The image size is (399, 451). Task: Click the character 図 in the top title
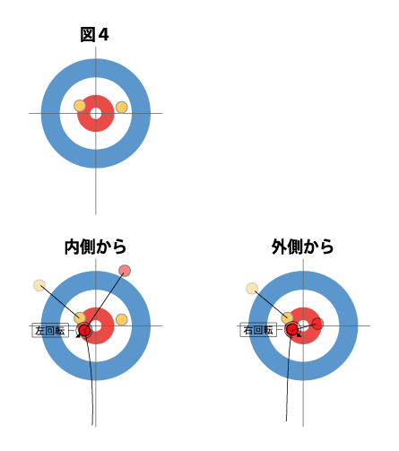88,35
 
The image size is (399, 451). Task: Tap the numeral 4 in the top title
103,35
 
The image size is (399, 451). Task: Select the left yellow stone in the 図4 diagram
80,106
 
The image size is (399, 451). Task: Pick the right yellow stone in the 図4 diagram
122,108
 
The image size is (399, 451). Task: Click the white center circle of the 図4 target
96,113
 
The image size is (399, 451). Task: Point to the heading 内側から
95,247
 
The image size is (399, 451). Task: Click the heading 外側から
302,247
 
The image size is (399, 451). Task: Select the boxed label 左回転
50,331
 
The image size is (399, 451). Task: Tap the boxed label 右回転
258,331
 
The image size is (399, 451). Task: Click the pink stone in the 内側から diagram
125,271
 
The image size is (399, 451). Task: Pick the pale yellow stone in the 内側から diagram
39,285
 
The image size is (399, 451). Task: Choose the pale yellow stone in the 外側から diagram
252,289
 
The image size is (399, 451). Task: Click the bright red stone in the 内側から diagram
84,330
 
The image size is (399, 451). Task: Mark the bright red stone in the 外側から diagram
291,329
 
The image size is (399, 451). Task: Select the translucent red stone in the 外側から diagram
317,324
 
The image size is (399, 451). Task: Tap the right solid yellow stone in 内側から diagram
122,319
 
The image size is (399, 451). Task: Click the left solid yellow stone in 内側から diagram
80,317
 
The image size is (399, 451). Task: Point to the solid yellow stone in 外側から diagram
287,317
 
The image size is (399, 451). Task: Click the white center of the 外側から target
303,325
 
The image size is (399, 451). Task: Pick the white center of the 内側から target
96,325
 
